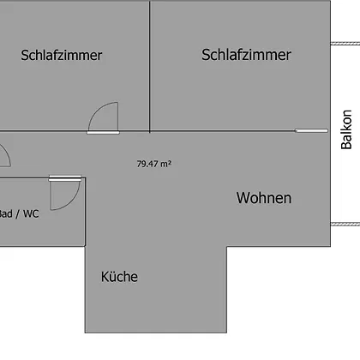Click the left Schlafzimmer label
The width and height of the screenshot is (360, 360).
(62, 55)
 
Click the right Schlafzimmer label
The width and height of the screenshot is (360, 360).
(246, 55)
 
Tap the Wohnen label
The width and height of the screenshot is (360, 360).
(264, 198)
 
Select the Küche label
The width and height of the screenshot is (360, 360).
(119, 276)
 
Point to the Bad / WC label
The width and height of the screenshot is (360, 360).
(19, 213)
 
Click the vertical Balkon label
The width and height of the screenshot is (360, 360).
(346, 129)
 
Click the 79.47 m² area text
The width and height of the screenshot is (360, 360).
(154, 164)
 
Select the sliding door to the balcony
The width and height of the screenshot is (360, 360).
(311, 130)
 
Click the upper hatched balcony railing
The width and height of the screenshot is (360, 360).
(345, 44)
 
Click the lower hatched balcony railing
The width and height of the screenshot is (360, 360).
(345, 225)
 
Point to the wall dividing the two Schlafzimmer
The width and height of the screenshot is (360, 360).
(150, 66)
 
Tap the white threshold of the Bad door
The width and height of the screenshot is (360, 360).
(65, 178)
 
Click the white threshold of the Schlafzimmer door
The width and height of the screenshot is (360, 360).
(103, 133)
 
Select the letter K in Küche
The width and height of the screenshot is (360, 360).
(105, 277)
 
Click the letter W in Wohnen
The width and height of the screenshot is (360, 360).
(243, 198)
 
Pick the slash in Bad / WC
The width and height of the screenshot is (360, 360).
(18, 214)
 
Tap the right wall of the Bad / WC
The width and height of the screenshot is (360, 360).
(85, 212)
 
